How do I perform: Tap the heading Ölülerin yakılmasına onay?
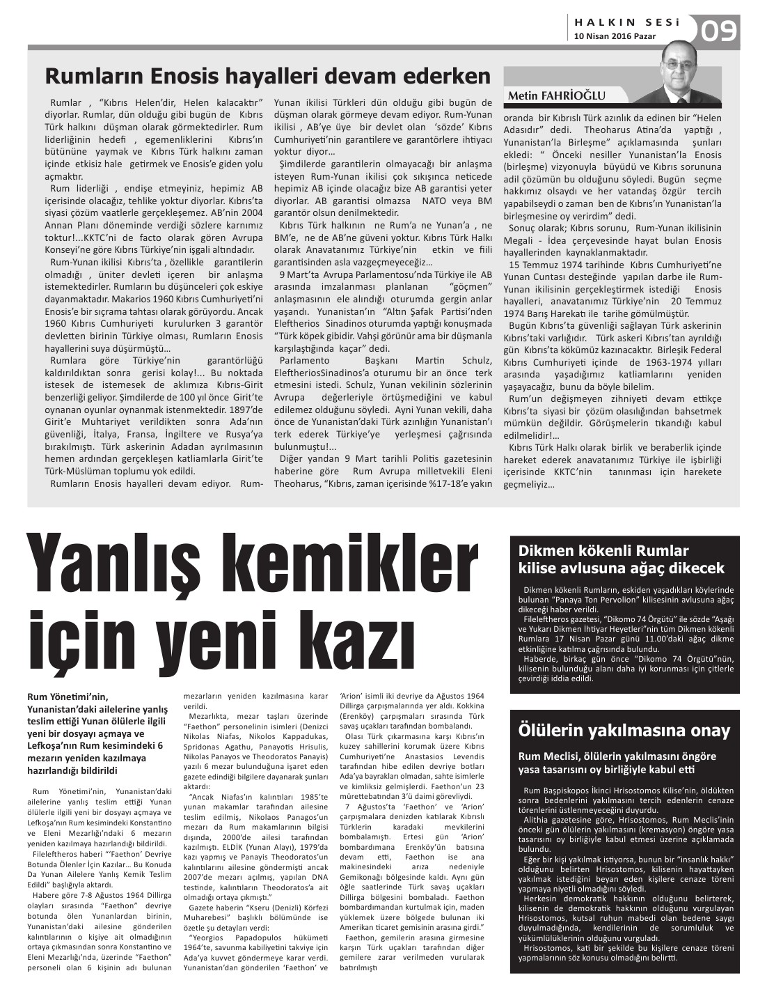click(624, 731)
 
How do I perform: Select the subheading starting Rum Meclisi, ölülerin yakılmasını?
click(617, 763)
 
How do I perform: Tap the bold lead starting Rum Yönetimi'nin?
click(97, 733)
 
